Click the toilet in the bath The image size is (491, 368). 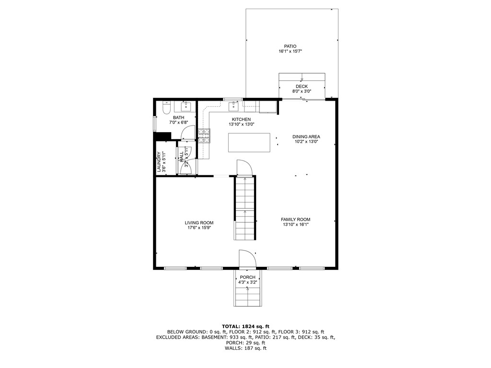166,108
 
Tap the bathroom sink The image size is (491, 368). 186,106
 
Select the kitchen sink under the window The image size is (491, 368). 234,105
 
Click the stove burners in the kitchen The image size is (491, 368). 204,136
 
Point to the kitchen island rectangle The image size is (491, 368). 249,143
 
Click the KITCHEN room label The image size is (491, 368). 241,119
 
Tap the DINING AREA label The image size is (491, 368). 306,137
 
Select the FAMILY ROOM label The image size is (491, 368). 295,219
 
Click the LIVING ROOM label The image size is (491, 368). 199,223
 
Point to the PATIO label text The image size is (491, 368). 290,46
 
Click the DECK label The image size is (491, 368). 302,86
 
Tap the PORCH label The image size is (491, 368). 247,277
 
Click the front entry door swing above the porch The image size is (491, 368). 248,258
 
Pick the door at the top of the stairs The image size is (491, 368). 245,168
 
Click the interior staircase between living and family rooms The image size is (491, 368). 245,208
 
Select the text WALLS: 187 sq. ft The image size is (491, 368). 245,348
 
